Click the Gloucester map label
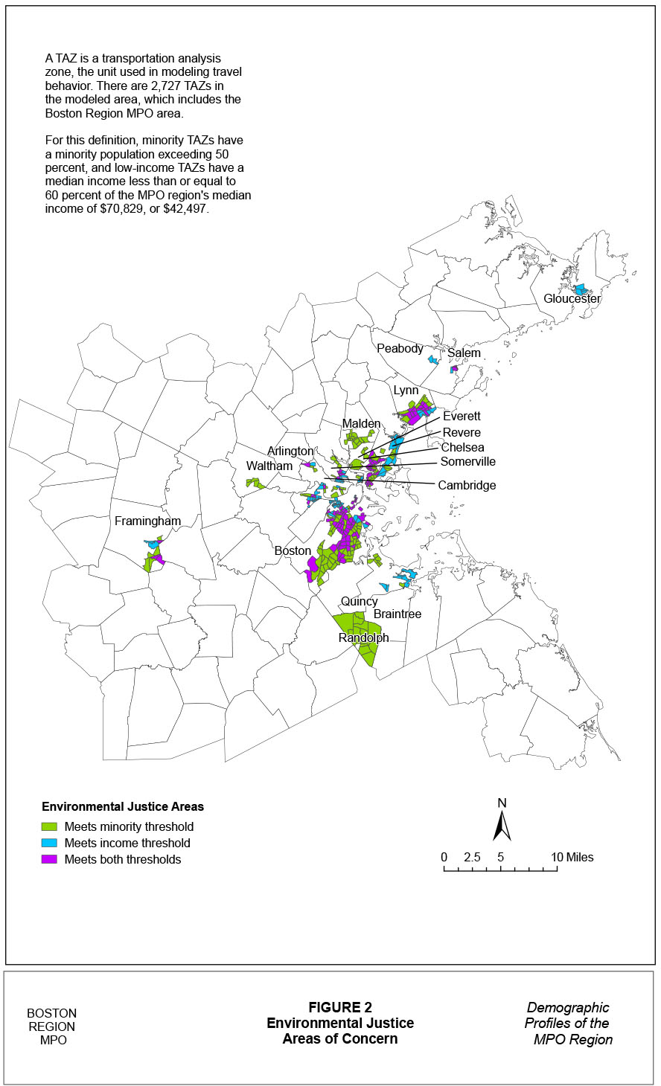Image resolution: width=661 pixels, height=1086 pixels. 572,298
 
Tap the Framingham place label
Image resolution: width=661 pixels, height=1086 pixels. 147,521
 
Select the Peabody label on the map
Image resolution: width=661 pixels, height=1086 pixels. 400,348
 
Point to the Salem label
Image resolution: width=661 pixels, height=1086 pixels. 464,353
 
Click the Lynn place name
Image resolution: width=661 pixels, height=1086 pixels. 406,391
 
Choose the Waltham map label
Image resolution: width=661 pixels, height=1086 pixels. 269,466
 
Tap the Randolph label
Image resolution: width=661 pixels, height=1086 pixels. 363,638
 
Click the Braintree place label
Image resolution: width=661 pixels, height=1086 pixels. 397,614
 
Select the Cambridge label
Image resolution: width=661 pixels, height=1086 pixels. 467,485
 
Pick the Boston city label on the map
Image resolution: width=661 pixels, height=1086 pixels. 293,550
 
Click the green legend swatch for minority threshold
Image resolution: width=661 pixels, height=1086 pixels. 49,826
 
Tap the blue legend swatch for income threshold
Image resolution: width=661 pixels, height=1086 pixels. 49,843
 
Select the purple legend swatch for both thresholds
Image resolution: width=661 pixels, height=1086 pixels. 49,859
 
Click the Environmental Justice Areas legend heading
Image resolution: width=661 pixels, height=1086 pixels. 123,806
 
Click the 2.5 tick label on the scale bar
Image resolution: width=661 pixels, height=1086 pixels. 472,857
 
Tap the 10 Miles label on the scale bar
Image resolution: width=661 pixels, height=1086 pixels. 572,857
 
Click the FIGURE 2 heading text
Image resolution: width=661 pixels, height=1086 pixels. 340,1007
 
